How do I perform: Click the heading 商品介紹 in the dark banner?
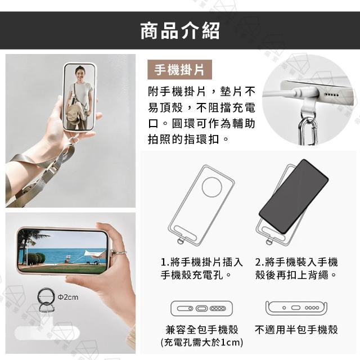[x=180, y=30]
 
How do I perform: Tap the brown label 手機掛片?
[x=179, y=70]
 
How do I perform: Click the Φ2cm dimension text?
[x=68, y=298]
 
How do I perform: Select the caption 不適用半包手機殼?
[x=296, y=330]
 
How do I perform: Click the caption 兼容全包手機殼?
[x=202, y=330]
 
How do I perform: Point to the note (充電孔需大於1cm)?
[x=202, y=343]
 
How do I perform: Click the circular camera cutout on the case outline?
[x=212, y=187]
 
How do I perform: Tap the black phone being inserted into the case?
[x=294, y=196]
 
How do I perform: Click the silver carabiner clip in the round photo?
[x=308, y=132]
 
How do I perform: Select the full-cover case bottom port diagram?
[x=201, y=308]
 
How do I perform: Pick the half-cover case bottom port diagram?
[x=296, y=308]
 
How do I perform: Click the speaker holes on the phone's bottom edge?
[x=331, y=95]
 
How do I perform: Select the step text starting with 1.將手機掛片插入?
[x=201, y=268]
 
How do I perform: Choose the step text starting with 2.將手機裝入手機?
[x=296, y=268]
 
